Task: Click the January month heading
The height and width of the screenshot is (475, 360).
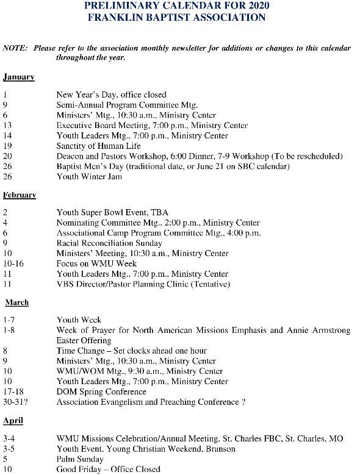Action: pyautogui.click(x=18, y=77)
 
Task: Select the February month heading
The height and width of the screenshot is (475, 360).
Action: pyautogui.click(x=20, y=195)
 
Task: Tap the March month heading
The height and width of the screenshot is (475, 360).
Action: pyautogui.click(x=17, y=302)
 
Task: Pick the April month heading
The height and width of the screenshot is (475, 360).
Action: pyautogui.click(x=13, y=421)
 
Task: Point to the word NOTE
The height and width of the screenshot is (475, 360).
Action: pyautogui.click(x=15, y=48)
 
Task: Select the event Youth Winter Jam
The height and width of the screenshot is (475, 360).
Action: pyautogui.click(x=89, y=177)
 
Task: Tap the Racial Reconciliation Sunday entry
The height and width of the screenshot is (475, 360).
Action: pyautogui.click(x=109, y=243)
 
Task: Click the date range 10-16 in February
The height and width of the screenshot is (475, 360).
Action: pyautogui.click(x=12, y=264)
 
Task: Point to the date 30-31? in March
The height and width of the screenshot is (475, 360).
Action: pyautogui.click(x=15, y=402)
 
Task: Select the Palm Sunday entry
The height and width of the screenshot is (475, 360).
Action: pyautogui.click(x=80, y=459)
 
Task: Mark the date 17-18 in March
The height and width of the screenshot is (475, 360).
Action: pyautogui.click(x=13, y=392)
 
